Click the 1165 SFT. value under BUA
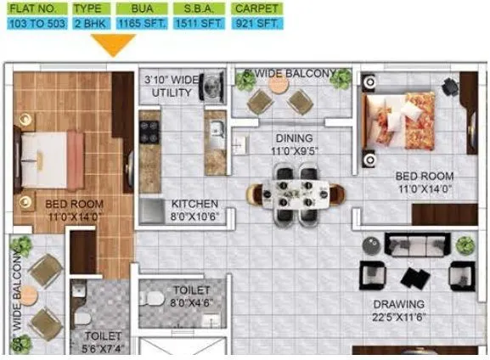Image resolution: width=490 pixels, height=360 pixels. click(x=142, y=24)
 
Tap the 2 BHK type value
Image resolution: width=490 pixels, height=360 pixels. click(x=87, y=24)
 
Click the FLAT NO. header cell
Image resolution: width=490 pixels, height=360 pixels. click(x=33, y=8)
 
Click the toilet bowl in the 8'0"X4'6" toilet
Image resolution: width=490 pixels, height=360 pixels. click(x=151, y=299)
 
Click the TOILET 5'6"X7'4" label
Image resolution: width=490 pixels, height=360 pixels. click(x=103, y=341)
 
